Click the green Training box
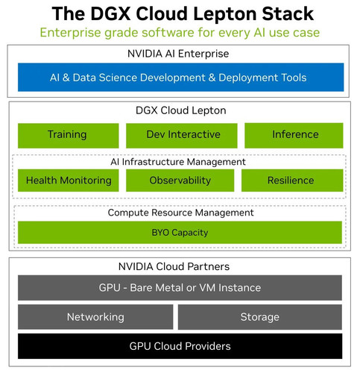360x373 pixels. pos(68,136)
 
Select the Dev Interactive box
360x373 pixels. pos(182,136)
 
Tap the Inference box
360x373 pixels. pos(294,136)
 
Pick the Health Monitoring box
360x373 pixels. pos(68,181)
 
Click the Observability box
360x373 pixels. pos(180,181)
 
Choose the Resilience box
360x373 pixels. pos(292,181)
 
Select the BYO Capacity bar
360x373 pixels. pos(180,232)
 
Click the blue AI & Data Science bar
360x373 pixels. pos(181,78)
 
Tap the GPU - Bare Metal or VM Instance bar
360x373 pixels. pos(180,288)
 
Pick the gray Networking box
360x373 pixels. pos(95,317)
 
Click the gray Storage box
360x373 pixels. pos(260,317)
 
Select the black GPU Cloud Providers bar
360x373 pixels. pos(180,346)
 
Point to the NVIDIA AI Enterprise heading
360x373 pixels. pos(178,54)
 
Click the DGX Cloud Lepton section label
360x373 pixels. pos(181,110)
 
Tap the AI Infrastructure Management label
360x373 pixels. pos(178,162)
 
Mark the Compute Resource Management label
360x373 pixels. pos(180,213)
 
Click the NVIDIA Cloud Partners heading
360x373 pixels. pos(174,266)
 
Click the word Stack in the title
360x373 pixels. pos(288,13)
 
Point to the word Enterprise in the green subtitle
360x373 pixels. pos(71,33)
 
